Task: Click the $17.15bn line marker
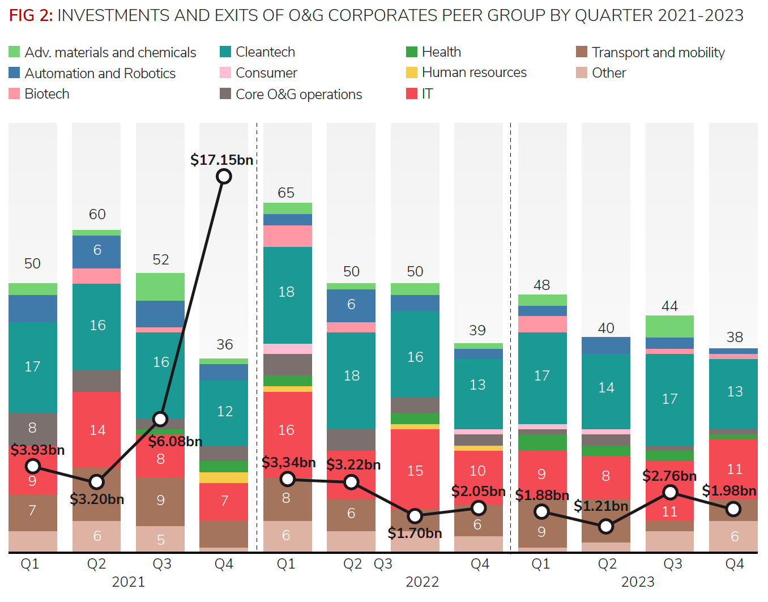[x=224, y=177]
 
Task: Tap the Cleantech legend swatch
[x=225, y=52]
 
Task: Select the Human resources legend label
[x=474, y=72]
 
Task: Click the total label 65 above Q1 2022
[x=286, y=193]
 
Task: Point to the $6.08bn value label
[x=175, y=442]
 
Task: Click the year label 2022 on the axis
[x=423, y=582]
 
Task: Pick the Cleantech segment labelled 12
[x=224, y=412]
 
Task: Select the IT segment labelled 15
[x=415, y=471]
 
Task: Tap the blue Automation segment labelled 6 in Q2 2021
[x=97, y=251]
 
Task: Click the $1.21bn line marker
[x=606, y=527]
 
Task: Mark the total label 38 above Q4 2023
[x=735, y=338]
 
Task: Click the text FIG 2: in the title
[x=31, y=15]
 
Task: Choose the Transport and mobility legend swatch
[x=582, y=52]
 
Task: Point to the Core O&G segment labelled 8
[x=33, y=428]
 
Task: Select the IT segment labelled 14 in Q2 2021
[x=97, y=430]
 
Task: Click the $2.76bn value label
[x=669, y=476]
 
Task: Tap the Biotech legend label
[x=47, y=94]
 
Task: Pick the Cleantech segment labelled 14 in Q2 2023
[x=606, y=388]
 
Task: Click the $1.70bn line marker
[x=415, y=516]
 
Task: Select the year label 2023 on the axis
[x=638, y=582]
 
